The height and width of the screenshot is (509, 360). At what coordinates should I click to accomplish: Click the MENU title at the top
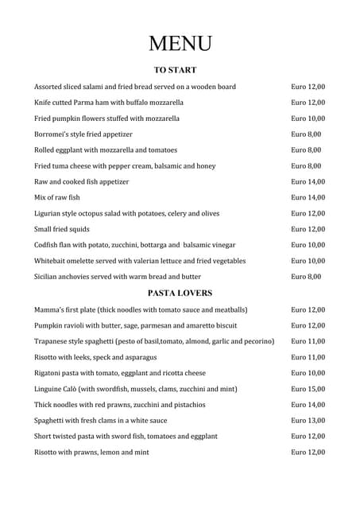[180, 43]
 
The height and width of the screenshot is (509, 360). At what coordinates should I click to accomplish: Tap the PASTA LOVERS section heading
[180, 293]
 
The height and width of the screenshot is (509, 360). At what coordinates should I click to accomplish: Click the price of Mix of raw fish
[308, 197]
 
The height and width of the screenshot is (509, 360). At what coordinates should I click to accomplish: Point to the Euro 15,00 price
[308, 389]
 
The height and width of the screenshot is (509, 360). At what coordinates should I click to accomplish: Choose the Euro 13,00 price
[308, 420]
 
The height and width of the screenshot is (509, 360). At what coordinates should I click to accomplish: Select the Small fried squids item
[62, 229]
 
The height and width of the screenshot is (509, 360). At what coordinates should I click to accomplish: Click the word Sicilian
[48, 277]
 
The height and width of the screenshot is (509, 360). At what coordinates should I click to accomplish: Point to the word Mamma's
[51, 309]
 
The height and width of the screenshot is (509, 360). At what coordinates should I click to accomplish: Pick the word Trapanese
[53, 341]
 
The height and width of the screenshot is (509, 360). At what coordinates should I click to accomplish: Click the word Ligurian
[49, 213]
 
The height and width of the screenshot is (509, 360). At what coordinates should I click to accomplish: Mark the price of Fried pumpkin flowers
[308, 119]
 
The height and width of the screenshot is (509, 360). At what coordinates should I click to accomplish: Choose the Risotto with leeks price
[308, 357]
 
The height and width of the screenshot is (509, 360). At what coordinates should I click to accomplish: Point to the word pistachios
[186, 405]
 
